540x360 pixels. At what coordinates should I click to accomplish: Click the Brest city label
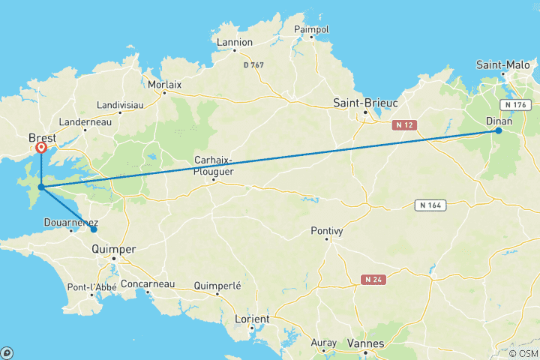pos(42,138)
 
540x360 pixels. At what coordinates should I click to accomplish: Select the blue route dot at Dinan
pos(498,130)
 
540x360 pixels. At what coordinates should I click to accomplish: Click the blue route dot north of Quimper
pos(94,229)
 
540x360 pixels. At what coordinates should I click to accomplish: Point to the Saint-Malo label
pos(502,65)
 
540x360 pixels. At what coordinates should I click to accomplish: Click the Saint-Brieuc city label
pos(365,102)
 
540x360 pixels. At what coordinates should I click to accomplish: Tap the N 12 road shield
pos(403,126)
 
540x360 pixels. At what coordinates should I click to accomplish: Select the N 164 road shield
pos(430,204)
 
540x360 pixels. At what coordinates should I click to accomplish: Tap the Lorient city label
pos(252,319)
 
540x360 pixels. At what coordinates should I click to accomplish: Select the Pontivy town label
pos(327,231)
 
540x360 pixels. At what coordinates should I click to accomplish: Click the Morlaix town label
pos(165,85)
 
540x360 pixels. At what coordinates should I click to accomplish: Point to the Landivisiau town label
pos(120,106)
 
